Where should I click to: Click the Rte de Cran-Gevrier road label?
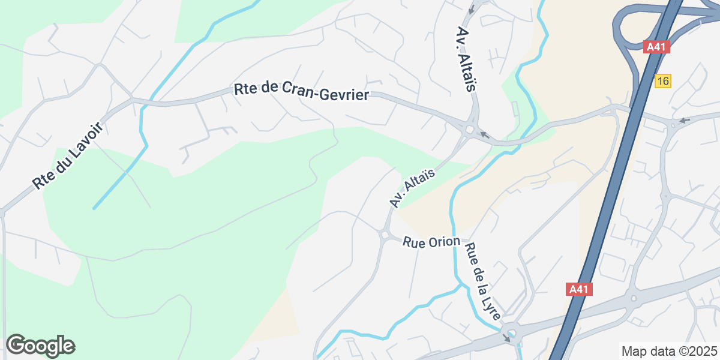pos(301,92)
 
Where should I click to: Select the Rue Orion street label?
pos(431,242)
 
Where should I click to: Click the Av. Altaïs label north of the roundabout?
pos(466,59)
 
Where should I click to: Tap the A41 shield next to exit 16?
pos(656,47)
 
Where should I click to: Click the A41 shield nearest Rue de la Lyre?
pos(579,289)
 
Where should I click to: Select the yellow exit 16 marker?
pos(662,81)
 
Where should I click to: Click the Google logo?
pos(40,346)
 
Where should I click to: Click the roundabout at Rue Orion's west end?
pos(384,235)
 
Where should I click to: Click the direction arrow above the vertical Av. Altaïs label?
pos(472,9)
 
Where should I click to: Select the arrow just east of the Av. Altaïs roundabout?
pos(484,136)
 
